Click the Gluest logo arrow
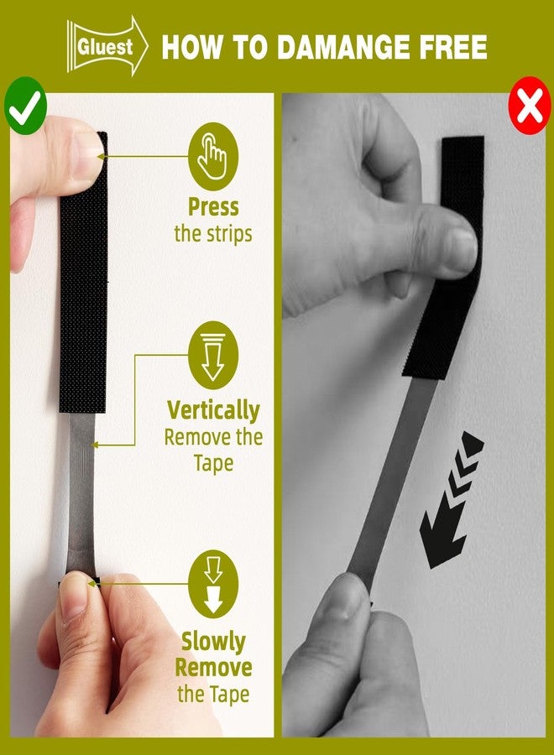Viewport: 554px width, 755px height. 107,46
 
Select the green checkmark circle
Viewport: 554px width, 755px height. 25,106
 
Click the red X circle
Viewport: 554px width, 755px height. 530,105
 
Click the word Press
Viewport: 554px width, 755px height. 213,207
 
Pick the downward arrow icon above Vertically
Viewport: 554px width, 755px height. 213,356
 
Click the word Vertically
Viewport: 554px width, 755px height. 213,411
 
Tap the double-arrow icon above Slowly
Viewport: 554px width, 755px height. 213,584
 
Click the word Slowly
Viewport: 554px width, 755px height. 213,642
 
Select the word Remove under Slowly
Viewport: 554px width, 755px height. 213,668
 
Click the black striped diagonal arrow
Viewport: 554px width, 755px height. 451,501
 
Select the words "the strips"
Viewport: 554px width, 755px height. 213,234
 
